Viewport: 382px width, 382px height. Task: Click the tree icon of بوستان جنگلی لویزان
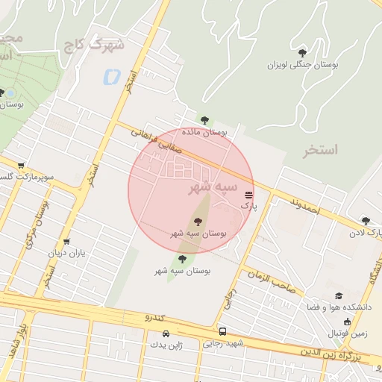pos(302,53)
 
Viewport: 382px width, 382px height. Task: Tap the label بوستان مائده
pos(200,132)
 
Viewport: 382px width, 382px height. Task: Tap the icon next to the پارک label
pos(248,193)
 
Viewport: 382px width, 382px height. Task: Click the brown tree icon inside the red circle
pos(198,221)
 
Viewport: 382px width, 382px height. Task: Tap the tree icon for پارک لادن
pos(365,220)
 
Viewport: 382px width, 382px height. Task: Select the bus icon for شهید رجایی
pos(222,331)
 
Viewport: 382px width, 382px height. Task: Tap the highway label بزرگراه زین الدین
pos(339,351)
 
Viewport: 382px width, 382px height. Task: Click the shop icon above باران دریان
pos(67,242)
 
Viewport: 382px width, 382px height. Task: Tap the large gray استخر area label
pos(320,150)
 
